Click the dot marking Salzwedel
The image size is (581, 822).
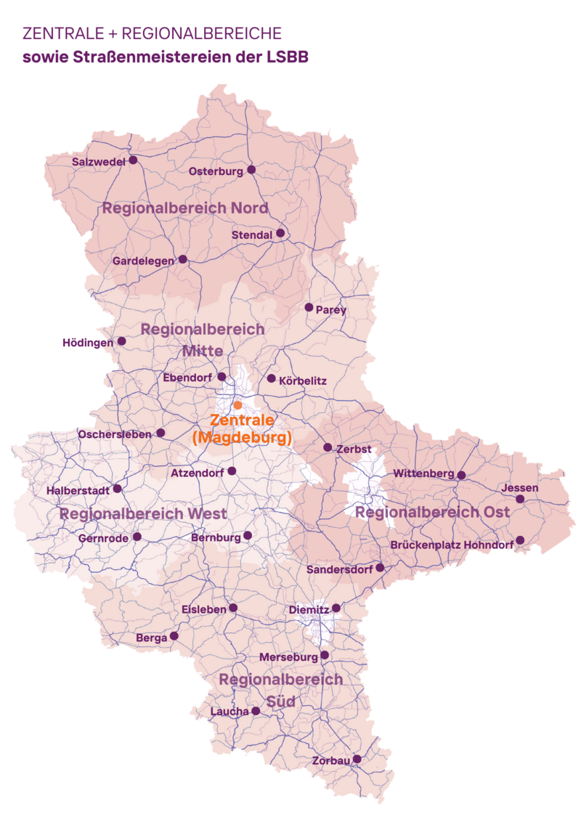pos(133,160)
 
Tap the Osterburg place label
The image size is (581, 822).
pos(215,172)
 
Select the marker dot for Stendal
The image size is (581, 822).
pos(280,233)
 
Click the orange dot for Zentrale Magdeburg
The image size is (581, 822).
pos(237,404)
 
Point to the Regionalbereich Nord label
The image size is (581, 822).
pos(185,208)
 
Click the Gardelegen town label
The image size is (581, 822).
pos(143,261)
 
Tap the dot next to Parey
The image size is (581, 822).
pos(309,307)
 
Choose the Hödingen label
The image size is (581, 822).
pos(88,343)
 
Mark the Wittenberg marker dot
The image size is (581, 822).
pos(461,475)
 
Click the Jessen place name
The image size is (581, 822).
pos(520,488)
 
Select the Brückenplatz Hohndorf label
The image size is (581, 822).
pos(452,545)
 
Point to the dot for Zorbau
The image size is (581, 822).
pos(357,759)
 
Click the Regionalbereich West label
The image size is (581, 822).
pos(143,513)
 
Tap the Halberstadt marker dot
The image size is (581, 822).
pos(117,489)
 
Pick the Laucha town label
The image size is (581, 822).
pos(229,712)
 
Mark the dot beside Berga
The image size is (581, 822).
pos(174,636)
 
